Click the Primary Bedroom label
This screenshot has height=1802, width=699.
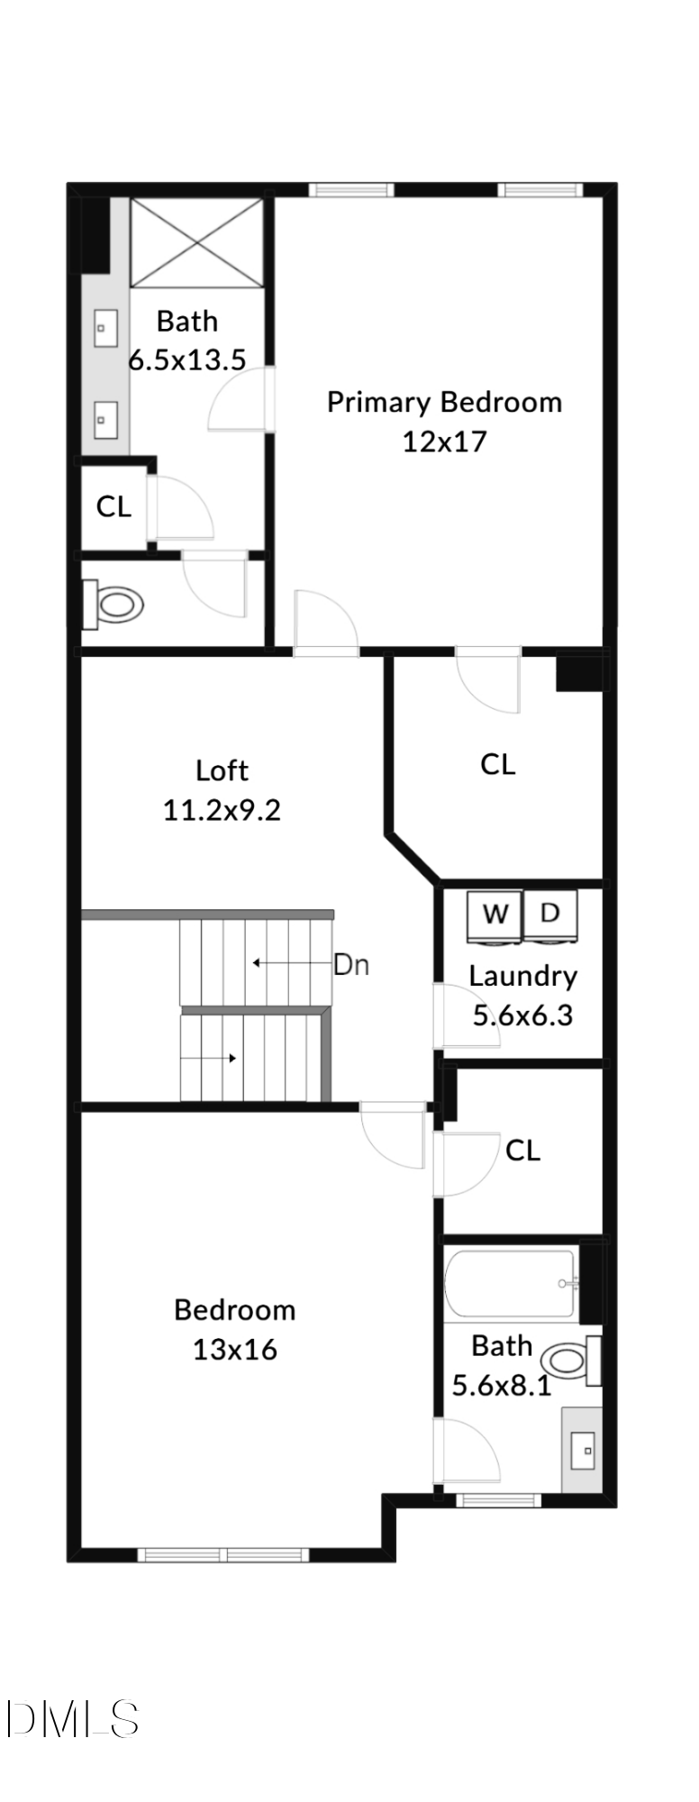pos(444,402)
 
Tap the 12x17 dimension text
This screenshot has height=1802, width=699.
pos(444,441)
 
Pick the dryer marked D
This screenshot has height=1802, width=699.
pos(550,914)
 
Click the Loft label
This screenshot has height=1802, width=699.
pos(222,770)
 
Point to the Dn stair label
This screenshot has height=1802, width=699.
pos(351,965)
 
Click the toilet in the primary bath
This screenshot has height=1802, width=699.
pos(116,603)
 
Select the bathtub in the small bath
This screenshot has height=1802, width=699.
pos(510,1283)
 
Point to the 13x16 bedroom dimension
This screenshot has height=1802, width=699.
pos(234,1349)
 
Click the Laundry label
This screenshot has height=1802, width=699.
pos(522,976)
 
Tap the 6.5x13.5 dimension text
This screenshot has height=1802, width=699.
pos(187,360)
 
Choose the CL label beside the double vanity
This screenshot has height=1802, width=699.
pos(113,506)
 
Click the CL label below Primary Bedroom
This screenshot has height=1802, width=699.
pos(498,765)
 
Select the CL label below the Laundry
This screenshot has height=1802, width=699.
pos(522,1151)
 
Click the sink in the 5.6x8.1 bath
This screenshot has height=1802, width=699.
pos(585,1451)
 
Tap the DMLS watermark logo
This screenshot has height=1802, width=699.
pos(72,1719)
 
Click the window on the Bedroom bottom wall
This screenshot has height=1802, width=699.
pos(223,1554)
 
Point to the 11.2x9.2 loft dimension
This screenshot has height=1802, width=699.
pos(222,810)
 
